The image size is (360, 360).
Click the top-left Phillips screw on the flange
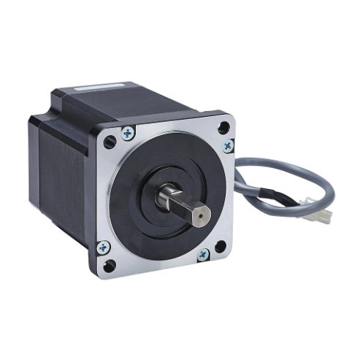pyautogui.click(x=128, y=133)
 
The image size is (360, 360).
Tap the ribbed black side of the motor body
pyautogui.click(x=62, y=183)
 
